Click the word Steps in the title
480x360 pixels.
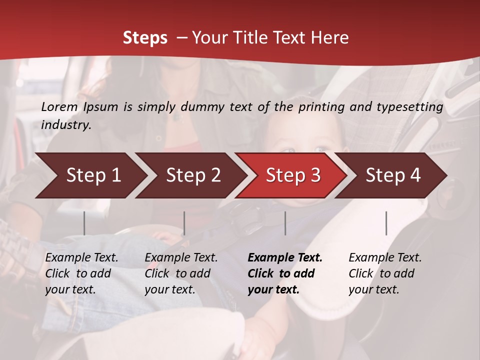145,38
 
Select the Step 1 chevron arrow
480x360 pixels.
90,175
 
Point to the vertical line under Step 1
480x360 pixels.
84,223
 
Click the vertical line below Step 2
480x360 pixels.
184,223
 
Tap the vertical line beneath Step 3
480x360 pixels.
285,223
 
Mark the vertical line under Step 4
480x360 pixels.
386,223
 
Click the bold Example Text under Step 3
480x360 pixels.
285,273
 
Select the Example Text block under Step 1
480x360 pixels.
81,273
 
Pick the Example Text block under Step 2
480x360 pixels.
181,273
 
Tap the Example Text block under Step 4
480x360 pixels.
385,273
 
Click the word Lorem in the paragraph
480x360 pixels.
59,107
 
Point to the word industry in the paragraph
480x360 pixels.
65,125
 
